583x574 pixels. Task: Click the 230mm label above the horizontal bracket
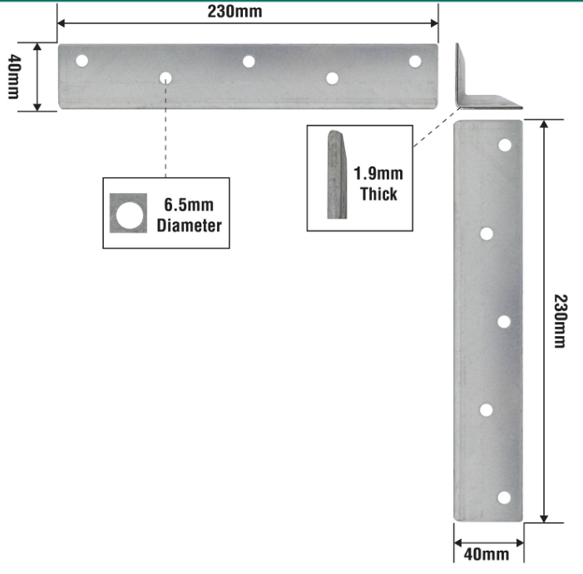point(235,11)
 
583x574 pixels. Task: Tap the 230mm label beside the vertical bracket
point(560,321)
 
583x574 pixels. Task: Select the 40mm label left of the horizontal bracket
point(14,77)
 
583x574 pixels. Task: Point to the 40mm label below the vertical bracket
point(487,554)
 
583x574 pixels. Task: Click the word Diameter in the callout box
point(190,225)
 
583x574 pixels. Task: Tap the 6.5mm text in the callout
point(189,205)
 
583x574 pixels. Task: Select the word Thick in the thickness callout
point(378,194)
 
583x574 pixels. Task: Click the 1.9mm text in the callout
point(378,173)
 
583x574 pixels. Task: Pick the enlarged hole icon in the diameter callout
point(128,213)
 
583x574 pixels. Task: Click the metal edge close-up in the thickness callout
point(337,175)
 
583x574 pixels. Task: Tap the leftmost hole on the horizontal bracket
point(82,61)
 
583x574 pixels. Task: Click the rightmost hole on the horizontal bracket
point(415,62)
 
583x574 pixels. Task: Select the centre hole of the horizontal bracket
point(249,62)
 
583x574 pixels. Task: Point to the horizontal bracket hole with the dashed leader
point(166,78)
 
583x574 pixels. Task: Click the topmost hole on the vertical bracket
point(505,145)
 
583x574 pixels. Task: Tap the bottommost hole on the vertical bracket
point(504,497)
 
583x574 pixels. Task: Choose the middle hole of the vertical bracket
point(504,322)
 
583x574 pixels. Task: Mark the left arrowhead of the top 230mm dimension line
point(62,23)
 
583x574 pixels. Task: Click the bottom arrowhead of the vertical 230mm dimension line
point(544,518)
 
